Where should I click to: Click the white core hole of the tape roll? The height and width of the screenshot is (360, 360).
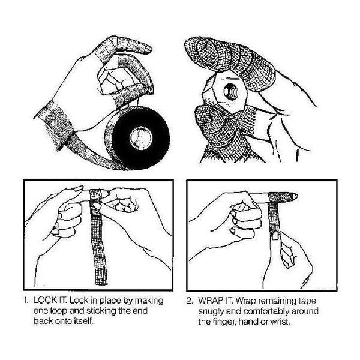coord(141,138)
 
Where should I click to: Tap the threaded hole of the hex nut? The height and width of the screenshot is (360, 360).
coord(231,91)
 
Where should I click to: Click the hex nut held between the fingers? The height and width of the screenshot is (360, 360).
coord(226,92)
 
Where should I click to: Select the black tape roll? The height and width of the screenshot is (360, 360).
coord(138,138)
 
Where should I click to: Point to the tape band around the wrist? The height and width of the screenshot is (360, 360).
coord(54,125)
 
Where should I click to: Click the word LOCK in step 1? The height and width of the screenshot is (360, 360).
coord(45,301)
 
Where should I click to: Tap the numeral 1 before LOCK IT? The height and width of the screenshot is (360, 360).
coord(25,301)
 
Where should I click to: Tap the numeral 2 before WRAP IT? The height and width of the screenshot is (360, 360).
coord(189,301)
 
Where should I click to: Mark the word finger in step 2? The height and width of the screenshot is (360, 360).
coord(224,322)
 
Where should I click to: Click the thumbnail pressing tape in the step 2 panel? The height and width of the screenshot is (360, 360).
coord(275,236)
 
